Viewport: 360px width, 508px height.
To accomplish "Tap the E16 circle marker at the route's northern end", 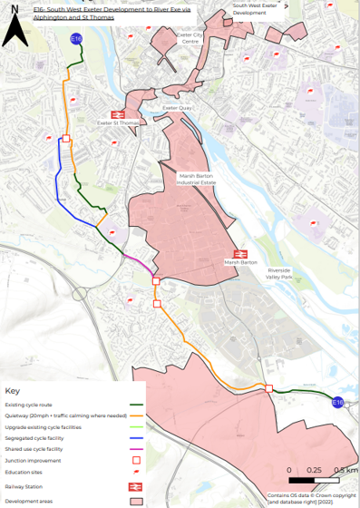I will (x=76, y=39).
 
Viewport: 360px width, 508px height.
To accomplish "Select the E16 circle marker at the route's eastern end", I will (x=337, y=402).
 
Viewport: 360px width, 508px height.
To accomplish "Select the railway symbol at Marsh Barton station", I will (x=241, y=255).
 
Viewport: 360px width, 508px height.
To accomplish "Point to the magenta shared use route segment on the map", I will (x=139, y=266).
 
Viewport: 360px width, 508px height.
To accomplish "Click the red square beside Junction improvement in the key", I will (x=136, y=460).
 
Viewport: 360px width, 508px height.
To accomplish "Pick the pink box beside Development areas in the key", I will (x=136, y=500).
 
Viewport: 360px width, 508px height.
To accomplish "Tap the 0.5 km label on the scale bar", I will (x=345, y=469).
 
